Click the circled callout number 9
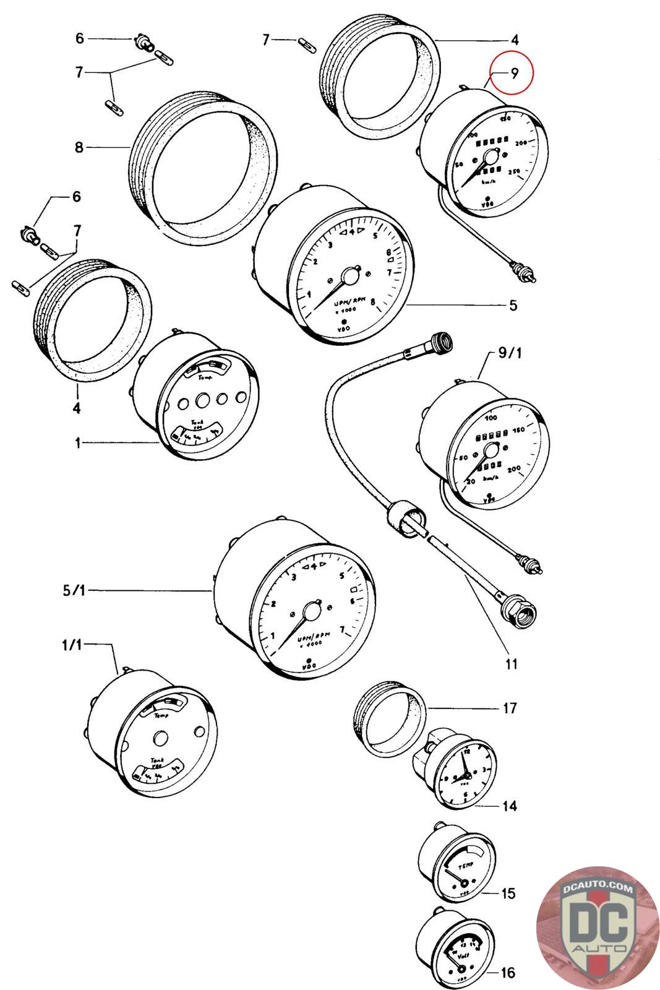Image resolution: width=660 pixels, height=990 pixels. [513, 73]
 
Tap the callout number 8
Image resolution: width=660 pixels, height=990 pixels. [79, 148]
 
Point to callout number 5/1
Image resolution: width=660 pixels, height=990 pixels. [73, 591]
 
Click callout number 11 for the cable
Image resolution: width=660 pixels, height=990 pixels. [511, 665]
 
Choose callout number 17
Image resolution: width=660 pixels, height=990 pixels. [509, 708]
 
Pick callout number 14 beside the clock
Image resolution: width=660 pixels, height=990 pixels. [510, 806]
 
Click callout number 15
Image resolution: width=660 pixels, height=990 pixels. [508, 893]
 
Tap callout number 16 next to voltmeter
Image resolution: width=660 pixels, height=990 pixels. [507, 973]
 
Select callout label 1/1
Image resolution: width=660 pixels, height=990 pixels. [72, 645]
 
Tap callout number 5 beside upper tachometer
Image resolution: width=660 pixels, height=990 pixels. [513, 305]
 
